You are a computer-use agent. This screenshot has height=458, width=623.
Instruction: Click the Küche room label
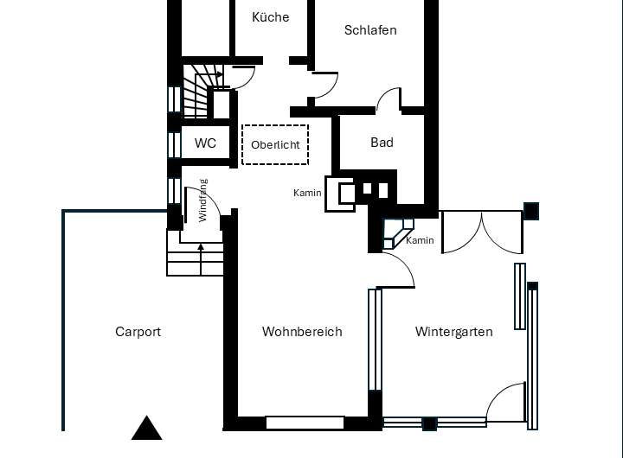click(x=271, y=17)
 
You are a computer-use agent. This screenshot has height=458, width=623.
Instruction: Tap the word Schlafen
click(x=370, y=30)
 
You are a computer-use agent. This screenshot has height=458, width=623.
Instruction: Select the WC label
click(x=205, y=143)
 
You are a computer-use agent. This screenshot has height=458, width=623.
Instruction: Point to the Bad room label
click(x=382, y=143)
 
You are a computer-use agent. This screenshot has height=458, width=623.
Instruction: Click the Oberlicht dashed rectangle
click(x=275, y=125)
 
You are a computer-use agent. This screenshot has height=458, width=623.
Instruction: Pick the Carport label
click(x=138, y=332)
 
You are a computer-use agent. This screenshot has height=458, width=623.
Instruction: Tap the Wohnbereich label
click(x=302, y=332)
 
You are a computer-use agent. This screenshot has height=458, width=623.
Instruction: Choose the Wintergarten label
click(x=453, y=332)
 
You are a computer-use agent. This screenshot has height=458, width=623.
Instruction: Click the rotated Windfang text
click(x=202, y=200)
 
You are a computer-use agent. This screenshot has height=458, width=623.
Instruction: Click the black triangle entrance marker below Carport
click(x=146, y=429)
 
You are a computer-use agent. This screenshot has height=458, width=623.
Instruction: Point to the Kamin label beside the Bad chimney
click(x=307, y=193)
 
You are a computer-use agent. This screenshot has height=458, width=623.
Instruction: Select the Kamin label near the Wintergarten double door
click(x=420, y=240)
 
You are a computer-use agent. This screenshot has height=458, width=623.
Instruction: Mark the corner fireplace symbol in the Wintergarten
click(x=398, y=234)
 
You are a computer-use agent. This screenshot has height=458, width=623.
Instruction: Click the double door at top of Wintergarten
click(x=482, y=232)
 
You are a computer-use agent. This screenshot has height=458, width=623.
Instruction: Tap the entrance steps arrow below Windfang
click(x=201, y=259)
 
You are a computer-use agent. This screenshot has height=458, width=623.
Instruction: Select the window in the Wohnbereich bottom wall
click(x=305, y=423)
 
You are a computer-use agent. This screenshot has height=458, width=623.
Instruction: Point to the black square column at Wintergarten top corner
click(x=531, y=211)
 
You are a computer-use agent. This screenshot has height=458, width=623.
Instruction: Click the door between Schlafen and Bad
click(x=389, y=99)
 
